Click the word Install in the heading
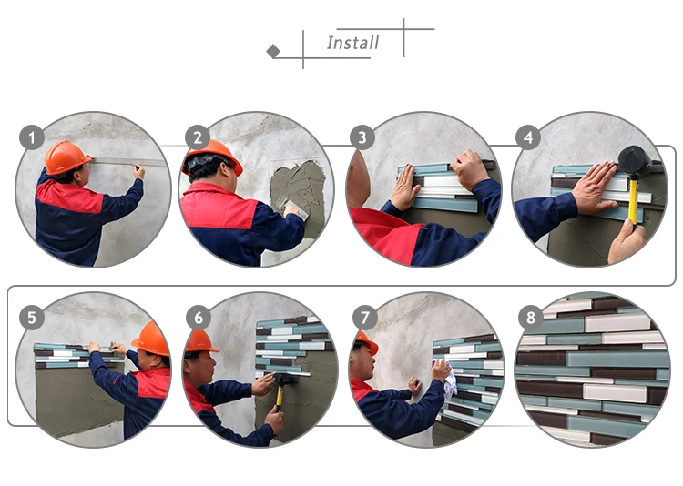click(352, 43)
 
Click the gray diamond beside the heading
click(273, 51)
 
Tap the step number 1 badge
click(32, 137)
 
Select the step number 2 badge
click(198, 137)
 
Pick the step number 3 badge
click(362, 137)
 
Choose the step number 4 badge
click(528, 137)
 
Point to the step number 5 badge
click(32, 318)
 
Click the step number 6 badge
click(199, 318)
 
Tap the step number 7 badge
click(365, 318)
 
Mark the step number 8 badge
click(531, 318)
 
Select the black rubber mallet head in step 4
click(635, 162)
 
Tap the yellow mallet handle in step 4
click(634, 201)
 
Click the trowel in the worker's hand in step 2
click(296, 209)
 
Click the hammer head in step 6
click(284, 379)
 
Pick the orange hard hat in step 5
click(151, 339)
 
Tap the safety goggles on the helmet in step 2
click(203, 162)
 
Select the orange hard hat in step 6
click(200, 341)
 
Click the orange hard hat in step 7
click(367, 342)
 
